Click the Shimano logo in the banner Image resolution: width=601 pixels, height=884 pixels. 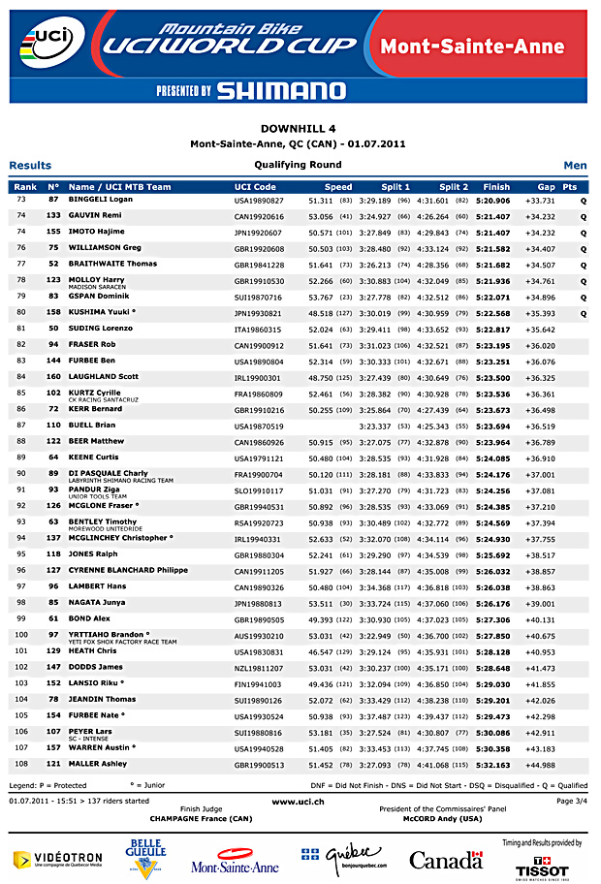[281, 90]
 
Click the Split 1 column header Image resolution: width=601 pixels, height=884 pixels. [395, 187]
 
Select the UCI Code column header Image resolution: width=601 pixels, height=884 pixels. [255, 187]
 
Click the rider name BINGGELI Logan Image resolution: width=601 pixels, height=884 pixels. [101, 199]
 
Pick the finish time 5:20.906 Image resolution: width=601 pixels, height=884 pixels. [493, 200]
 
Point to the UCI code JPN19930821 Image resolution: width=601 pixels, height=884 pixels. [259, 314]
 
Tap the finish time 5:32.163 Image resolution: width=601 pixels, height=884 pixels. [493, 765]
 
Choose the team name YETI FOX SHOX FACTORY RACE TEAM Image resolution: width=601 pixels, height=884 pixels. [122, 641]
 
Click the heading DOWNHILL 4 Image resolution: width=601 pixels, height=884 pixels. [299, 128]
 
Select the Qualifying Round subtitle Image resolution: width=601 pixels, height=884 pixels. [299, 165]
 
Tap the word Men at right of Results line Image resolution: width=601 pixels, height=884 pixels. [575, 166]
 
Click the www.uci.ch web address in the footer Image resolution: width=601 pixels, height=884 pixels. [299, 802]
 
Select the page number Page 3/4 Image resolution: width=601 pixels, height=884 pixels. [571, 802]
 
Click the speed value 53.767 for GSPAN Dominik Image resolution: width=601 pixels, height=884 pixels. [320, 297]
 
